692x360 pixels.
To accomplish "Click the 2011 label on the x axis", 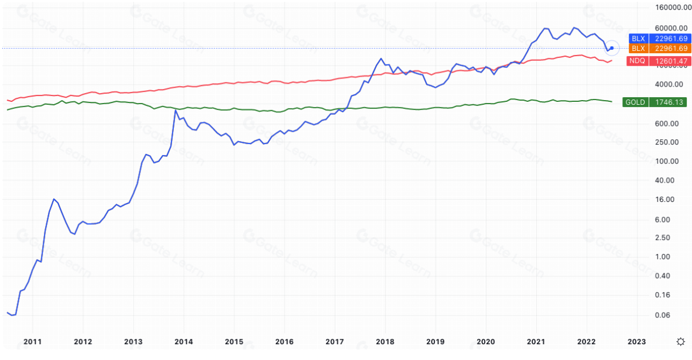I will [33, 341].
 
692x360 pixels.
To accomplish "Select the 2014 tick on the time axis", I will [184, 341].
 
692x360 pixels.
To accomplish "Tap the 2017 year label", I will [335, 341].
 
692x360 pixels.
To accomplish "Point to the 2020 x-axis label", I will [486, 341].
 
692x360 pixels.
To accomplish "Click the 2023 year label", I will [637, 341].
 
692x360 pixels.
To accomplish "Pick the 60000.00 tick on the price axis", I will [671, 28].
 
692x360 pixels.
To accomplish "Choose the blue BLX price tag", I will [657, 39].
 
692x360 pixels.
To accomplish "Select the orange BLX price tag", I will [657, 48].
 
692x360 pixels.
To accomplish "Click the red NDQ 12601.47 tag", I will [657, 61].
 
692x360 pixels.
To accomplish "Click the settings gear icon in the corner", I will [680, 341].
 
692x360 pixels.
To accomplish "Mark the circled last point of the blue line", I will [612, 48].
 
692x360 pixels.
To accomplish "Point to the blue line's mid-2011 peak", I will [53, 199].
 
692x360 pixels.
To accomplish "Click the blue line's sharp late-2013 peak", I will [176, 110].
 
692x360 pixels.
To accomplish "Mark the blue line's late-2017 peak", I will [381, 59].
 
